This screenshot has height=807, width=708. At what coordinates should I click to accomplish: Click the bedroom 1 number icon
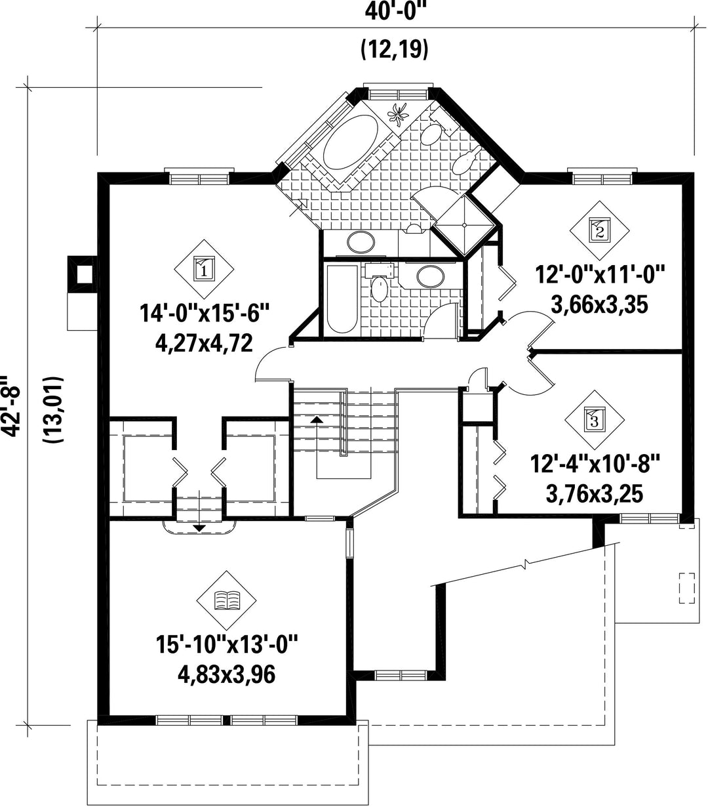204,269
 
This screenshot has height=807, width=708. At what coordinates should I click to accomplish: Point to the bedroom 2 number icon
599,230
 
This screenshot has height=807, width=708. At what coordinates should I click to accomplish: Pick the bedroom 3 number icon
595,419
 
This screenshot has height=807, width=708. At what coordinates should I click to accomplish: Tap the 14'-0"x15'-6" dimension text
205,314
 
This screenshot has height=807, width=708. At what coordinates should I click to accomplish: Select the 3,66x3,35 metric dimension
600,304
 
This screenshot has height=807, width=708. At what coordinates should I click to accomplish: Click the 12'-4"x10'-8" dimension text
595,464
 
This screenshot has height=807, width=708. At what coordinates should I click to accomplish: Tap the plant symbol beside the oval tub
397,115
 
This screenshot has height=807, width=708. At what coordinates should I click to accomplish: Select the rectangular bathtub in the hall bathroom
342,299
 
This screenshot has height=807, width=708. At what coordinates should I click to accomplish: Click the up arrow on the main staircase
317,419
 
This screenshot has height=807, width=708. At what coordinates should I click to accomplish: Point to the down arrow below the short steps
199,528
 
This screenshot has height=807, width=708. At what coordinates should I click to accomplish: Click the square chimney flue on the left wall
83,274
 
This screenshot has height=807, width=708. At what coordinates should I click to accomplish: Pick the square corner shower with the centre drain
464,226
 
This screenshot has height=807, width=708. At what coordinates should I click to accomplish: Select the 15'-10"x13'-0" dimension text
227,644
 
